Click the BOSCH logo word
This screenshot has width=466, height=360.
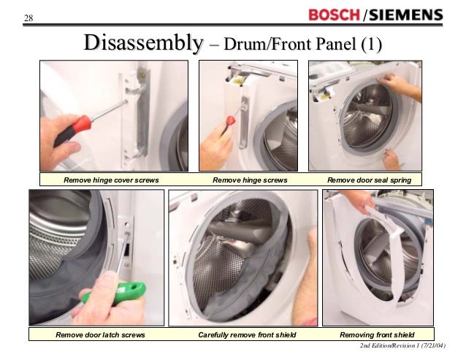coord(334,15)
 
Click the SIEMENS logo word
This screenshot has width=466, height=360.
coord(406,15)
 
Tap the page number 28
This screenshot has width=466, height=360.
coord(28,18)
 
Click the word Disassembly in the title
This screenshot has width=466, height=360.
coord(144,42)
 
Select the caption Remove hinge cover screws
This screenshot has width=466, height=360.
coord(111,180)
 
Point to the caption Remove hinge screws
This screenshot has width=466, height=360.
coord(250,180)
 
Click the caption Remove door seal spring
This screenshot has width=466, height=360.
coord(369,180)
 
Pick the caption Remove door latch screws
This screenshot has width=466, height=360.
coord(100,335)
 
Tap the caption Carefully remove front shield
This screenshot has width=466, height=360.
coord(247,335)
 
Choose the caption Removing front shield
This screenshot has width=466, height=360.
coord(377,335)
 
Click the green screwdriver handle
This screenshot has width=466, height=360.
coord(116,293)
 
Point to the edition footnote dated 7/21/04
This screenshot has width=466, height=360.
coord(402,345)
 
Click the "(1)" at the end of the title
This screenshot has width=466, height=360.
coord(371,45)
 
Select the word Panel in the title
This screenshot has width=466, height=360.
coord(336,44)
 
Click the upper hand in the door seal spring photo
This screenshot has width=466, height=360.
coord(397,85)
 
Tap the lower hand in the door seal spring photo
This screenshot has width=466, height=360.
coord(391,160)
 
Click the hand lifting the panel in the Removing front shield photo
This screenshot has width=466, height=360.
coord(358,201)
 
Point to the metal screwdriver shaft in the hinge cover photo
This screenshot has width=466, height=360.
coord(109,110)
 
